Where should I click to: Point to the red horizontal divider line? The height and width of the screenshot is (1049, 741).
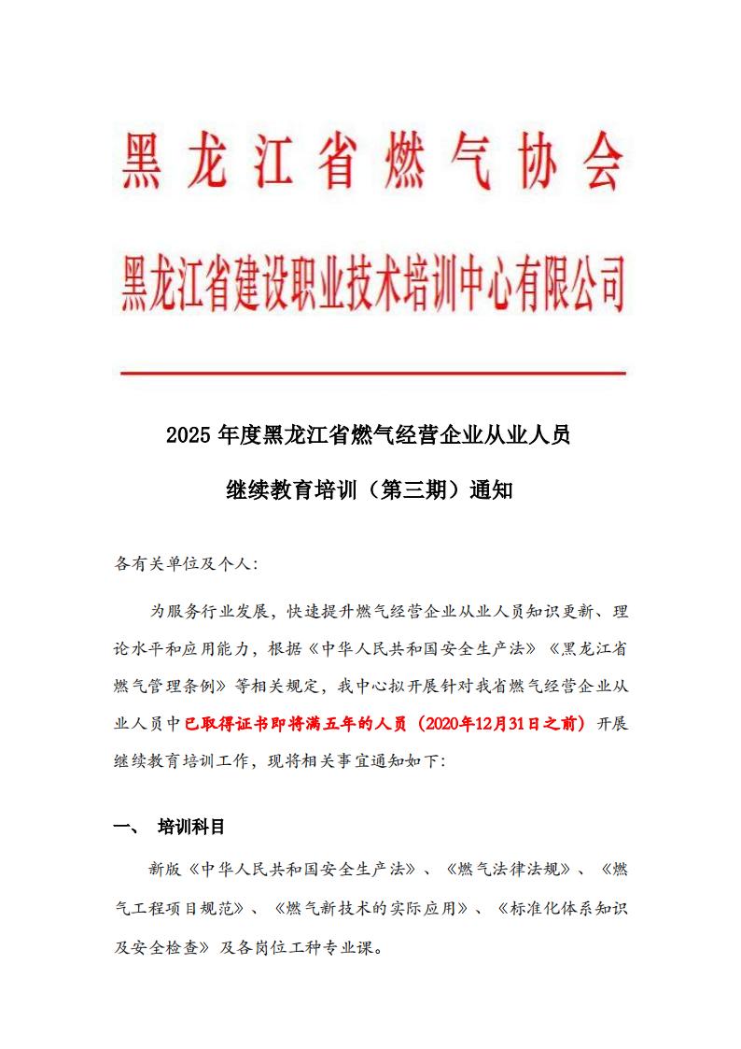(x=373, y=373)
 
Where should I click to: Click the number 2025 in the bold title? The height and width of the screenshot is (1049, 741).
(x=189, y=435)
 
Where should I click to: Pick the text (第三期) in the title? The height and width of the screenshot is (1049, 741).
(x=409, y=489)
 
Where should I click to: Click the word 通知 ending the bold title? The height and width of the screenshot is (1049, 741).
(x=494, y=489)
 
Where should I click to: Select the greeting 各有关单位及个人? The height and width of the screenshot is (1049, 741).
(x=186, y=564)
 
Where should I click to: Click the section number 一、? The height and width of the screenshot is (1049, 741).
(x=125, y=827)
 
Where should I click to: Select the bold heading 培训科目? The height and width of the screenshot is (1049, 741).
(x=191, y=827)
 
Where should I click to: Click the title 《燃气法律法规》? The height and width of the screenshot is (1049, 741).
(x=508, y=869)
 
